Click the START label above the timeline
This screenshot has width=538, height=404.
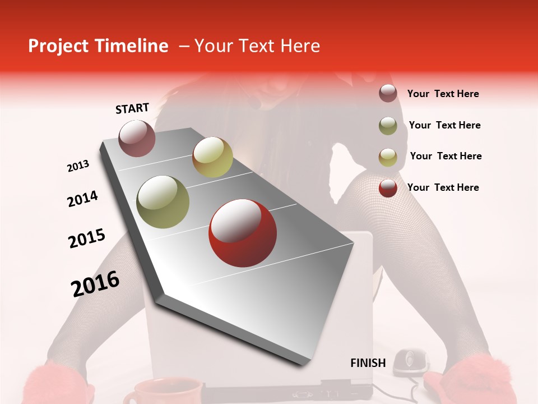point(132,108)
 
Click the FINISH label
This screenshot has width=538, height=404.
point(368,363)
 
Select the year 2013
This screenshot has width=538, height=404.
point(78,166)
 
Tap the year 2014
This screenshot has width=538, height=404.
point(83,199)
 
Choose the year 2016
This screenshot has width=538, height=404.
point(96,283)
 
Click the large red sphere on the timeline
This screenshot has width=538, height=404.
point(242,233)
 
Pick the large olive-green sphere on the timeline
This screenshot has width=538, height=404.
point(163,201)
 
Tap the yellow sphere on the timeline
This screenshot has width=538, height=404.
point(212,157)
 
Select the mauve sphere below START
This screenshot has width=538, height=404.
point(137,138)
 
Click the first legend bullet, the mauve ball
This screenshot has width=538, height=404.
point(388,94)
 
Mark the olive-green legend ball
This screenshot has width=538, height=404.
point(388,126)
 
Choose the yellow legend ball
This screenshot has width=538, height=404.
point(388,157)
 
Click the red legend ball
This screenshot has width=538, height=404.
point(388,188)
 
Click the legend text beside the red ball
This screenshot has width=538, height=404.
point(443,187)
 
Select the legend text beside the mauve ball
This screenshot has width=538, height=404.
point(443,94)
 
